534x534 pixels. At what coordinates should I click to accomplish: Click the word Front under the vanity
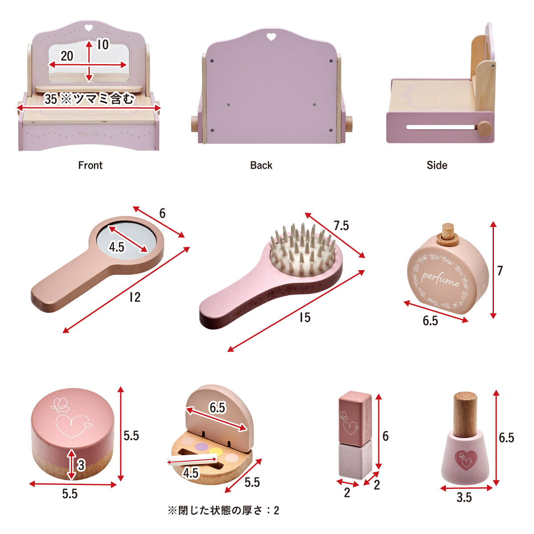(x=90, y=165)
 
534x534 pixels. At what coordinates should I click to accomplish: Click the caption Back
(x=261, y=165)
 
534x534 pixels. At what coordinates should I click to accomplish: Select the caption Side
(x=437, y=165)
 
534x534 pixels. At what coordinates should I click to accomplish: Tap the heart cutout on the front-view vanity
(x=89, y=28)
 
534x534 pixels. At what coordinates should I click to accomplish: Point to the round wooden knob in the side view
(x=485, y=129)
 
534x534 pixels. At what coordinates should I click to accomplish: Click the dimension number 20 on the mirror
(x=67, y=56)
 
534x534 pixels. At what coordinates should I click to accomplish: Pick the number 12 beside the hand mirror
(x=135, y=297)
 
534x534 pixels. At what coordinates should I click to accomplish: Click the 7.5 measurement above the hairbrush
(x=341, y=226)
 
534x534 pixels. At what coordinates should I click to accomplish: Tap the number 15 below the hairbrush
(x=305, y=318)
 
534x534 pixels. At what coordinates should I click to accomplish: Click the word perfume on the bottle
(x=440, y=279)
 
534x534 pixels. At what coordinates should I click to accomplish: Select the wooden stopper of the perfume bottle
(x=449, y=235)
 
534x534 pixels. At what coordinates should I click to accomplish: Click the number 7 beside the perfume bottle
(x=500, y=271)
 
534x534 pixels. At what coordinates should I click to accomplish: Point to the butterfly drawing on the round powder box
(x=61, y=405)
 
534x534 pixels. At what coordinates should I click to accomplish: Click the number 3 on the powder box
(x=81, y=465)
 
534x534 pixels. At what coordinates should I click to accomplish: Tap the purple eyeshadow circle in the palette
(x=201, y=446)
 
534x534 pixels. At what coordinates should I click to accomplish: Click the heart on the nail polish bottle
(x=466, y=460)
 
